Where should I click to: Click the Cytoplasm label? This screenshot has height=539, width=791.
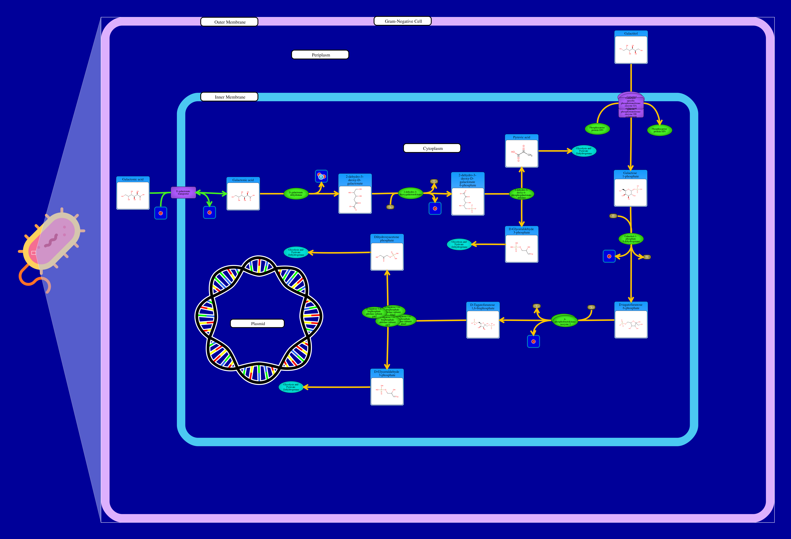coord(432,148)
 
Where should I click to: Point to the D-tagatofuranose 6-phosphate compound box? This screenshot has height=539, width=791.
coord(631,320)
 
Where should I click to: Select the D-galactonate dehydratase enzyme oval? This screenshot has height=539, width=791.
coord(296,194)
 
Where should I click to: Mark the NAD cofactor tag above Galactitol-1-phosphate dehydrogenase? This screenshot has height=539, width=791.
coord(613,216)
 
